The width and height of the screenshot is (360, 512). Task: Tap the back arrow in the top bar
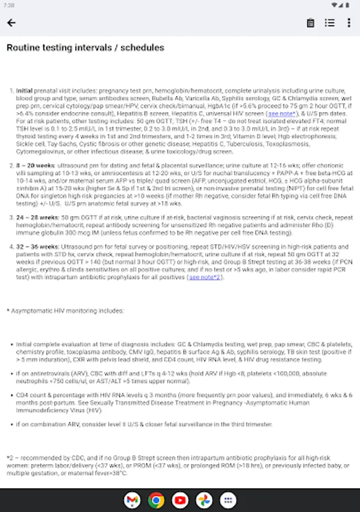11,23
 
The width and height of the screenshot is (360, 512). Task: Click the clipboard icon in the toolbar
311,23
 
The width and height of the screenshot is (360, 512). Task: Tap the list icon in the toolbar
329,23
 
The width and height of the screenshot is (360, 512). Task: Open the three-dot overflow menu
349,23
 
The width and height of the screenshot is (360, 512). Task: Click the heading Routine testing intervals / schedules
85,48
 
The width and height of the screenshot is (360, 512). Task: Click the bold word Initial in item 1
24,90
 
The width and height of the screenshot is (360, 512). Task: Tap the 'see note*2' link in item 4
205,278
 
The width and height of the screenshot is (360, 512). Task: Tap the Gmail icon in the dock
132,500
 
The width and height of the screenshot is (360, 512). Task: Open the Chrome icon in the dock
156,500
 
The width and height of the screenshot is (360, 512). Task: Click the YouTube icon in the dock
180,500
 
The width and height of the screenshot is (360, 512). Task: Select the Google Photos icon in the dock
204,500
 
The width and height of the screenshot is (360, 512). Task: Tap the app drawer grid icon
228,500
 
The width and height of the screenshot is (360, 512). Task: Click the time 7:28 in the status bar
10,5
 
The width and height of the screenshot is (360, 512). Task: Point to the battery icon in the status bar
349,5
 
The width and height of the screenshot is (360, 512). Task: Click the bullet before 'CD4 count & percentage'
12,395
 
